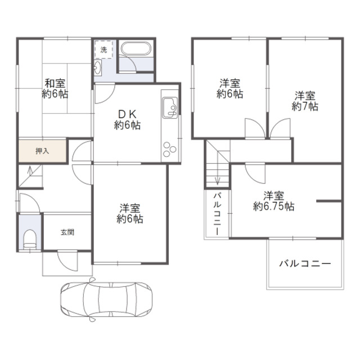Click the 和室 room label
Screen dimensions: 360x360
click(55, 88)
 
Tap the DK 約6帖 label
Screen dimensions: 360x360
click(127, 119)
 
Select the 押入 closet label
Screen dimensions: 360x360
click(42, 151)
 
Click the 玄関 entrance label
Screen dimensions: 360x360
click(67, 232)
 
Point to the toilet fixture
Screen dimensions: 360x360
click(30, 239)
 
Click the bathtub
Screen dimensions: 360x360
click(136, 48)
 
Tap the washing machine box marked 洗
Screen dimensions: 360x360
click(103, 49)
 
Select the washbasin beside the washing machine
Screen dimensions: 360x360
click(97, 67)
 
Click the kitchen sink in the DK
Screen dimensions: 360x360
click(170, 107)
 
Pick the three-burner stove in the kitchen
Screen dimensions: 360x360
click(169, 150)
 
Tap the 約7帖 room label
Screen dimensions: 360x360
click(305, 101)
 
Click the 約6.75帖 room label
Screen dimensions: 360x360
click(274, 201)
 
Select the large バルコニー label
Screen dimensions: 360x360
click(305, 263)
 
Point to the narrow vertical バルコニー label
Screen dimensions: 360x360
click(217, 214)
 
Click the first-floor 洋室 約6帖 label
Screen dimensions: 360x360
click(130, 213)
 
